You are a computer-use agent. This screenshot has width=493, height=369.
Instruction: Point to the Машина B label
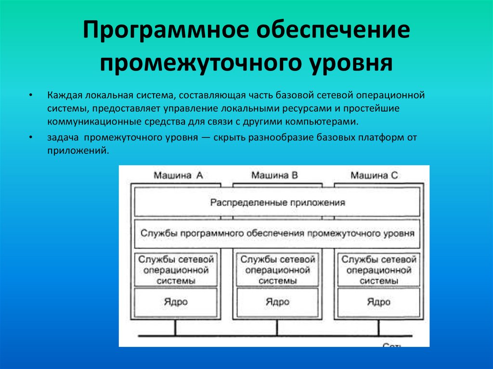tap(275, 176)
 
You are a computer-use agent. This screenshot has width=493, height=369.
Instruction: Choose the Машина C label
tap(374, 176)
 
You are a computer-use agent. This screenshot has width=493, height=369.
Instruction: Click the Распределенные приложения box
tap(277, 203)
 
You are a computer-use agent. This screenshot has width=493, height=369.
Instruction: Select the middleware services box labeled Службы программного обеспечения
tap(277, 233)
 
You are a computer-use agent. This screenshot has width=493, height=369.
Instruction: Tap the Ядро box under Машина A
tap(176, 302)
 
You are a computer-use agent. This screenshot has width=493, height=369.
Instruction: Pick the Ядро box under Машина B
tap(277, 302)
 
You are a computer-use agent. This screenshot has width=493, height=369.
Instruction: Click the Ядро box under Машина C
tap(378, 302)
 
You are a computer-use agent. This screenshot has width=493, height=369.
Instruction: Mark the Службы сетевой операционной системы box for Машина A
tap(176, 270)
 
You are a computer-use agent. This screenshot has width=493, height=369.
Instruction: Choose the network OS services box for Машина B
tap(277, 270)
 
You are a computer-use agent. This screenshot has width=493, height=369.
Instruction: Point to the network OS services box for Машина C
tap(378, 270)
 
